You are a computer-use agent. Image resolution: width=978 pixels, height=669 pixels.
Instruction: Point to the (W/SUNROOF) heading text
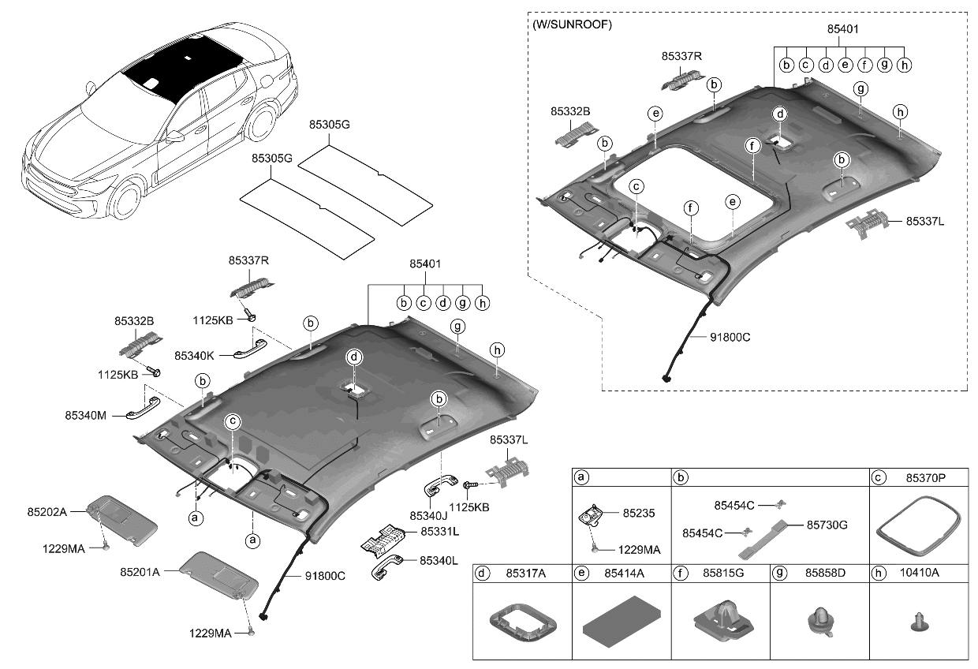(572, 24)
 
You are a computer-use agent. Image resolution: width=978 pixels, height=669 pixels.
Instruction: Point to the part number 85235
(638, 513)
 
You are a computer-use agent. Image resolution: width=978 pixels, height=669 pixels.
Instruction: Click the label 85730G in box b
(827, 525)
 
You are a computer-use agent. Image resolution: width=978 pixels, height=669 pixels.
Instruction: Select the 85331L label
(439, 532)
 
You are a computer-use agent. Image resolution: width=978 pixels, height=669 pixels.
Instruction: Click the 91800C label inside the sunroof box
(723, 337)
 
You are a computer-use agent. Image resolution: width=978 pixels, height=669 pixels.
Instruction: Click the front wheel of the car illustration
(125, 200)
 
